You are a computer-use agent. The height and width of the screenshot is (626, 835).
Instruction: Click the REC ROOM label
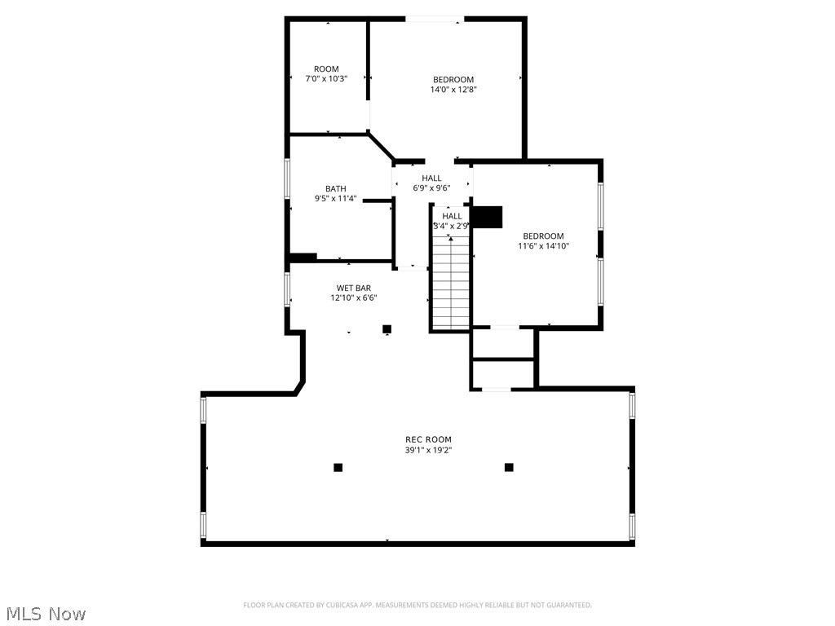[x=428, y=439]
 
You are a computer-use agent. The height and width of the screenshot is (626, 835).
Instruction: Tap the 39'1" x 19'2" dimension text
[x=428, y=450]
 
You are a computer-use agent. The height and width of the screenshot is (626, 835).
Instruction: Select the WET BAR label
[x=354, y=288]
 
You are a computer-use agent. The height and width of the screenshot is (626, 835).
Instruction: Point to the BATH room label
[x=335, y=188]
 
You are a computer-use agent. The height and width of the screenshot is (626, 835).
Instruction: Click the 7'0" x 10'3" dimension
[x=326, y=79]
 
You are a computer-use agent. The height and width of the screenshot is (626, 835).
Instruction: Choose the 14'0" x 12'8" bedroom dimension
[x=453, y=90]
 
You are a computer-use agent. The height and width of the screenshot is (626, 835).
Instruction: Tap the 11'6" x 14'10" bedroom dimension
[x=543, y=246]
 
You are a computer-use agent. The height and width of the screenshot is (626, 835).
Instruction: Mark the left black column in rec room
[x=338, y=467]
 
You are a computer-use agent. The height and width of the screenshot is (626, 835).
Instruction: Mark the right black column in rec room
[x=509, y=467]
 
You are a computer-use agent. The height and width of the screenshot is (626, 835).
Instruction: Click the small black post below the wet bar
[x=387, y=329]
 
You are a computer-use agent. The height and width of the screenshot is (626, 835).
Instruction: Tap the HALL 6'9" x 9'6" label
[x=431, y=183]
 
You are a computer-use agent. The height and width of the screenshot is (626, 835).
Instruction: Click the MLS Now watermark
[x=46, y=613]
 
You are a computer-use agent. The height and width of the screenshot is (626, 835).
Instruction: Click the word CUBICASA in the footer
[x=339, y=605]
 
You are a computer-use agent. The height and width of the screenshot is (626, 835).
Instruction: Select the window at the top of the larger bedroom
[x=435, y=18]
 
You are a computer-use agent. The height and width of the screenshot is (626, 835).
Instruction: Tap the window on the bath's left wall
[x=287, y=178]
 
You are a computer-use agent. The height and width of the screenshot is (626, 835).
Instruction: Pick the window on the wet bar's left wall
[x=287, y=289]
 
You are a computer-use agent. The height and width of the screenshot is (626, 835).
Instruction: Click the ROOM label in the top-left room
[x=326, y=68]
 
